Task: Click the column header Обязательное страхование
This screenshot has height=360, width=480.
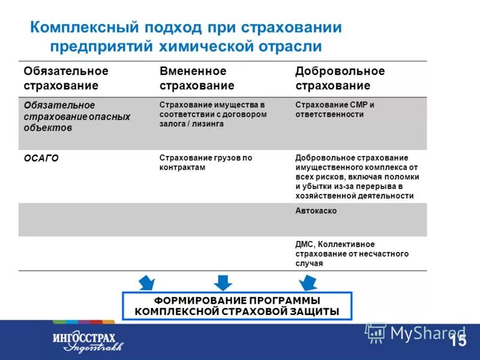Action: pos(66,79)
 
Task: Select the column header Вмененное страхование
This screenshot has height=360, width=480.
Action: pos(197,79)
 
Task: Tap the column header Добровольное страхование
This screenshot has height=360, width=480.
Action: pos(340,79)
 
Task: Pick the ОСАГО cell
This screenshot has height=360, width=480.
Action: pos(41,158)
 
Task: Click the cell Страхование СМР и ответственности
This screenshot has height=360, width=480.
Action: pos(334,109)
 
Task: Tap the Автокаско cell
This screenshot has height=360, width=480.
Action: pos(316,211)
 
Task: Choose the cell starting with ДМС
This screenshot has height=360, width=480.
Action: pos(352,254)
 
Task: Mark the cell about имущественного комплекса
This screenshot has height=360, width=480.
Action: pos(357,177)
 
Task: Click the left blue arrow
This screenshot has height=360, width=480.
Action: pos(146,282)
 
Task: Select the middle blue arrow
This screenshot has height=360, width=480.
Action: pos(223,282)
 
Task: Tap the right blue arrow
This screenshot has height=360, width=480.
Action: pos(308,282)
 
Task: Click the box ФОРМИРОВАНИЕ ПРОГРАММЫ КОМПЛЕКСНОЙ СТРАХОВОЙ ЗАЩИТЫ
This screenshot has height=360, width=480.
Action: pos(237,306)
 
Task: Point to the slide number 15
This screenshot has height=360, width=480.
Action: pos(458,341)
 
